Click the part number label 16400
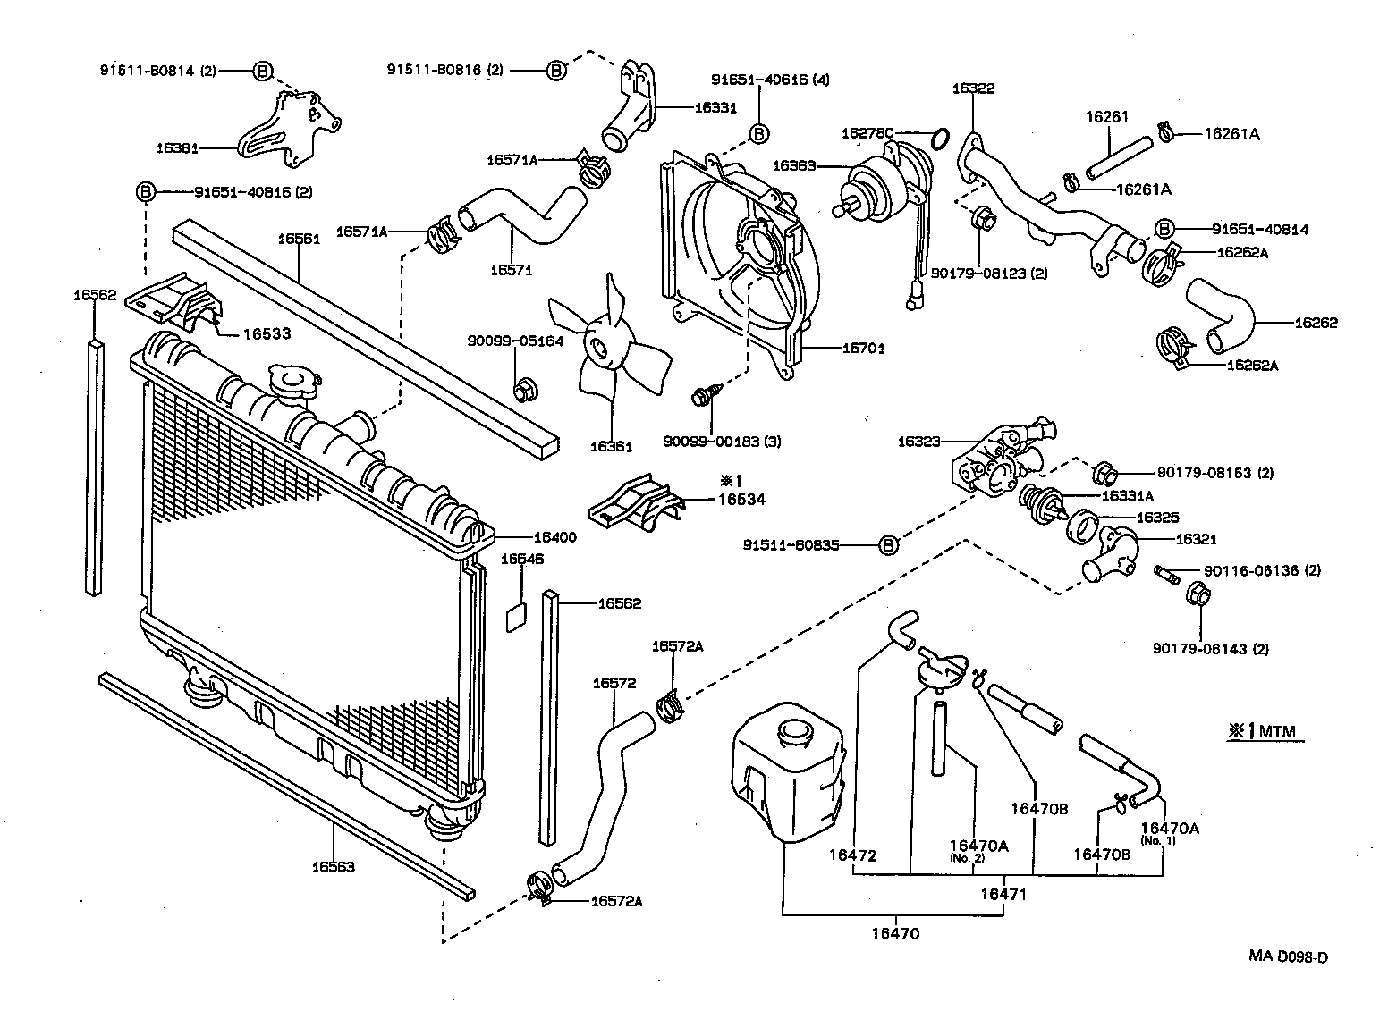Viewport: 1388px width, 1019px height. pos(554,537)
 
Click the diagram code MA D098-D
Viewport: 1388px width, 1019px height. pos(1288,956)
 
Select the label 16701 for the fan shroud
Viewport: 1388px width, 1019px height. pos(863,349)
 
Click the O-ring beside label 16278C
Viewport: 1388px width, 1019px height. pos(939,139)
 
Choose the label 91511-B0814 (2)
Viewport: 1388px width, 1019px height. pos(157,71)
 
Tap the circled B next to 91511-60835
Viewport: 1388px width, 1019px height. pos(887,544)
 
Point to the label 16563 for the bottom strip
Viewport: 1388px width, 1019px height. pos(333,866)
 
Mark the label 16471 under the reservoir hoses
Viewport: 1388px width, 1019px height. pos(1003,893)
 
